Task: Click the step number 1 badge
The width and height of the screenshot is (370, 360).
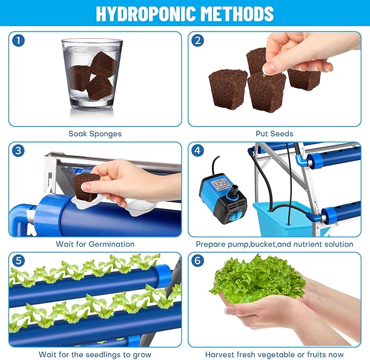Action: tap(19, 41)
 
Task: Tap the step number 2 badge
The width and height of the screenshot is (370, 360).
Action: tap(198, 41)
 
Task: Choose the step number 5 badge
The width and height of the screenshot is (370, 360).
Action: tap(19, 261)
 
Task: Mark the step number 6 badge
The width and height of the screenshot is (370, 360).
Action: tap(198, 261)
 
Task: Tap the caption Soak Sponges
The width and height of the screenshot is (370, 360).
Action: tap(95, 133)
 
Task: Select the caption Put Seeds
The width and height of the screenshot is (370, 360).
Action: tap(275, 133)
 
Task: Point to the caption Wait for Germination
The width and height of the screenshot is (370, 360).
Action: tap(95, 244)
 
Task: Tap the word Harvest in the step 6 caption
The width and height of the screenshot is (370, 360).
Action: tap(221, 354)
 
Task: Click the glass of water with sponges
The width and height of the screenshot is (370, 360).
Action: tap(92, 74)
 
